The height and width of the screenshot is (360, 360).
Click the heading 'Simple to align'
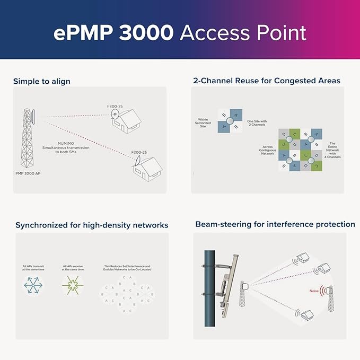(x=41, y=81)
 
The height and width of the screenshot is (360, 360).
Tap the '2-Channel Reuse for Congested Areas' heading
(x=267, y=81)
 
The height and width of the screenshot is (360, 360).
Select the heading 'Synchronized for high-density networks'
(x=92, y=225)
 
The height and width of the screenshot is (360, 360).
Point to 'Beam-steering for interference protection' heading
(x=275, y=224)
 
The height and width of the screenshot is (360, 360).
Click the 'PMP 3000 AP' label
(x=30, y=173)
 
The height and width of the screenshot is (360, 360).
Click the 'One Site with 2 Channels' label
(x=257, y=124)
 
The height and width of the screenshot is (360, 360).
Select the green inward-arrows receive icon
(x=72, y=286)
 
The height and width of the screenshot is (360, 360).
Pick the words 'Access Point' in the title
(x=243, y=33)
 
